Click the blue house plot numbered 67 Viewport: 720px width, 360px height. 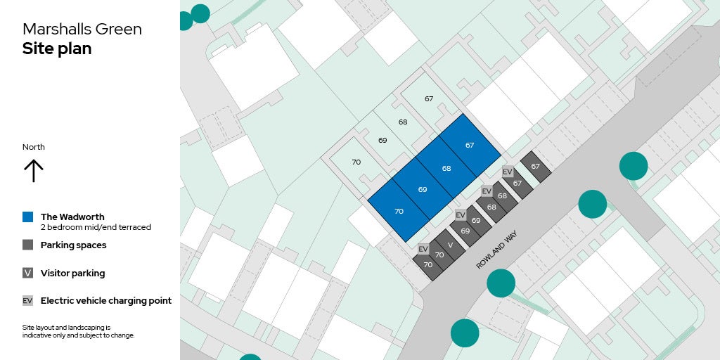click(470, 146)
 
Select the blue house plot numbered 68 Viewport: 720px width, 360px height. click(446, 169)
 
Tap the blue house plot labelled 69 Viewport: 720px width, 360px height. click(423, 190)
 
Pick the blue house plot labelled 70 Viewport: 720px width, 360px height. click(399, 211)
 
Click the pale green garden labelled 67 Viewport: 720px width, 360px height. click(429, 99)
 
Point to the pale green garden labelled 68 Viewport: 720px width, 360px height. click(403, 122)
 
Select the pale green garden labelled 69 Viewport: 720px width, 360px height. click(382, 141)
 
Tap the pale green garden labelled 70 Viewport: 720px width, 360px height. click(356, 162)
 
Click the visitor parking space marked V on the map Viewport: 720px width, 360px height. click(450, 245)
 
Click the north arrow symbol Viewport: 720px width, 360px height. click(34, 170)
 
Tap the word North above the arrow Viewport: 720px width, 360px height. click(34, 147)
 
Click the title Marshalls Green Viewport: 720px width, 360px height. click(82, 29)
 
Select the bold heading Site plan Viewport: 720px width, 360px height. click(57, 49)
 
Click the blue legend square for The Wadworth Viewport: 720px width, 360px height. click(27, 217)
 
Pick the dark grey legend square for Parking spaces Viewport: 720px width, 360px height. click(27, 245)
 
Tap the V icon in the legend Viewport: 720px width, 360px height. click(27, 273)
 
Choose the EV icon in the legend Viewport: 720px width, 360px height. click(27, 301)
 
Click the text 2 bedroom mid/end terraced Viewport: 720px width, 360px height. click(96, 227)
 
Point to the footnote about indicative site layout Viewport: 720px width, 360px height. click(78, 331)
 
